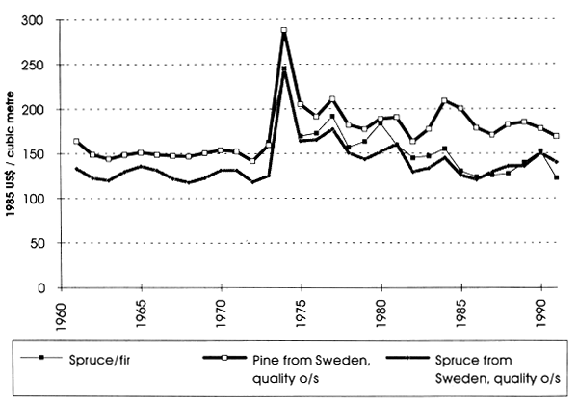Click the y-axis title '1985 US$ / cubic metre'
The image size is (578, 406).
click(13, 154)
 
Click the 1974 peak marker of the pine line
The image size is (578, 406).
click(284, 31)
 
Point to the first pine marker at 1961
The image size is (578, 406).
click(77, 142)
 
